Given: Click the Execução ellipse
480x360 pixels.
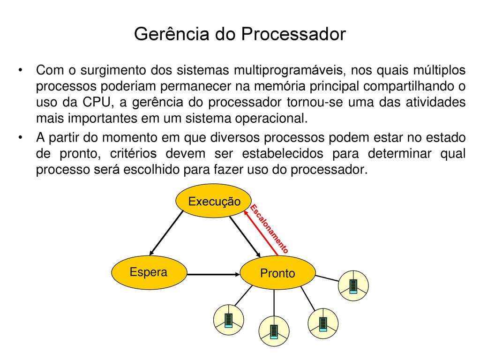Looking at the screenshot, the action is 214,201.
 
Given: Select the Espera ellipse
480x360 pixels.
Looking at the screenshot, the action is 149,272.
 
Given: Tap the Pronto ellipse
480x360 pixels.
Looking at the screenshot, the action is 277,273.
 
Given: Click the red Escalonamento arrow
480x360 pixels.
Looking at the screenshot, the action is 261,232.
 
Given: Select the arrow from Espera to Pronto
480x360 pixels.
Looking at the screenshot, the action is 213,274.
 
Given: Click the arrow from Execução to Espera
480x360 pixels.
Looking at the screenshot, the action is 166,233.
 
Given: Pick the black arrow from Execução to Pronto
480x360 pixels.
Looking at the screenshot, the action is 245,237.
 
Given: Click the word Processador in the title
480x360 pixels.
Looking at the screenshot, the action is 293,34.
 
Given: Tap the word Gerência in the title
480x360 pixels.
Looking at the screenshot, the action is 172,34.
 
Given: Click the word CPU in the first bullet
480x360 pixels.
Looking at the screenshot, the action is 96,102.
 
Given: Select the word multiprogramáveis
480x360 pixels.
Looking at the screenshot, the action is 290,70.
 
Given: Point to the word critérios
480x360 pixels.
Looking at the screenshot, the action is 134,153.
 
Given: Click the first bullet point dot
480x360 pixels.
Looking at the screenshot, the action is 20,70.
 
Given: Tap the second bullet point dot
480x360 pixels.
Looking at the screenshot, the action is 20,138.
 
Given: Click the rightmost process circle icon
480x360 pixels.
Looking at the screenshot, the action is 353,286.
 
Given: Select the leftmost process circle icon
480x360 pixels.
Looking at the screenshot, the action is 229,320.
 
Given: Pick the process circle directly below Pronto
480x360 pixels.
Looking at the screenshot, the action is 274,331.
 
